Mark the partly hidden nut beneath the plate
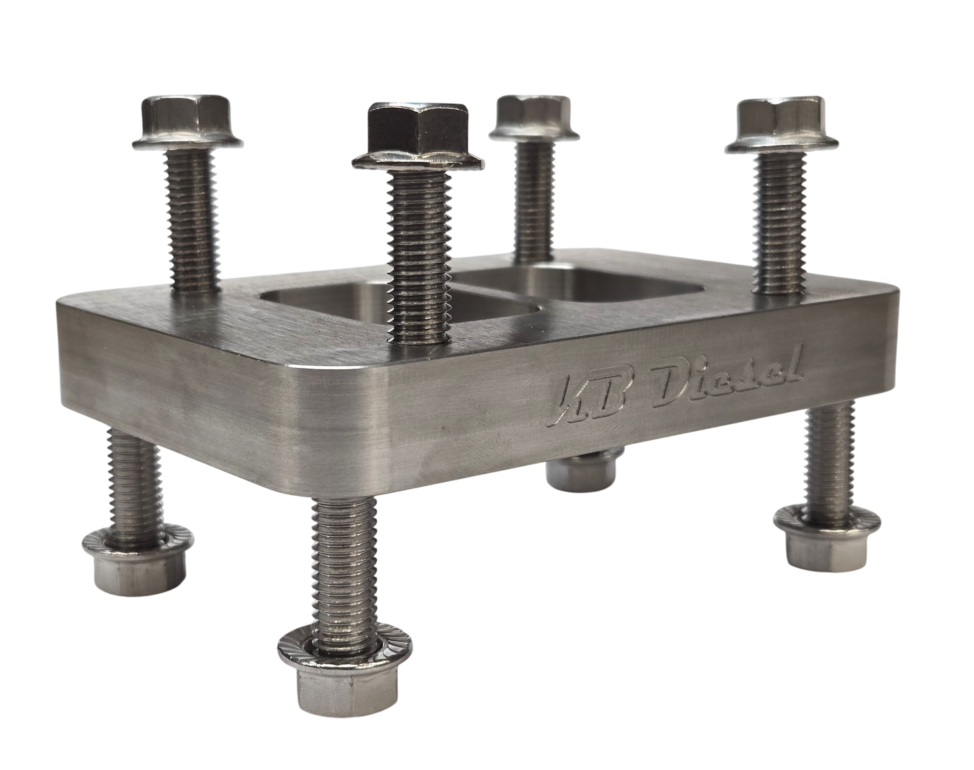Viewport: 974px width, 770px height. [582, 472]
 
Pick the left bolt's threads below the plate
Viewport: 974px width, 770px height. [133, 472]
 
